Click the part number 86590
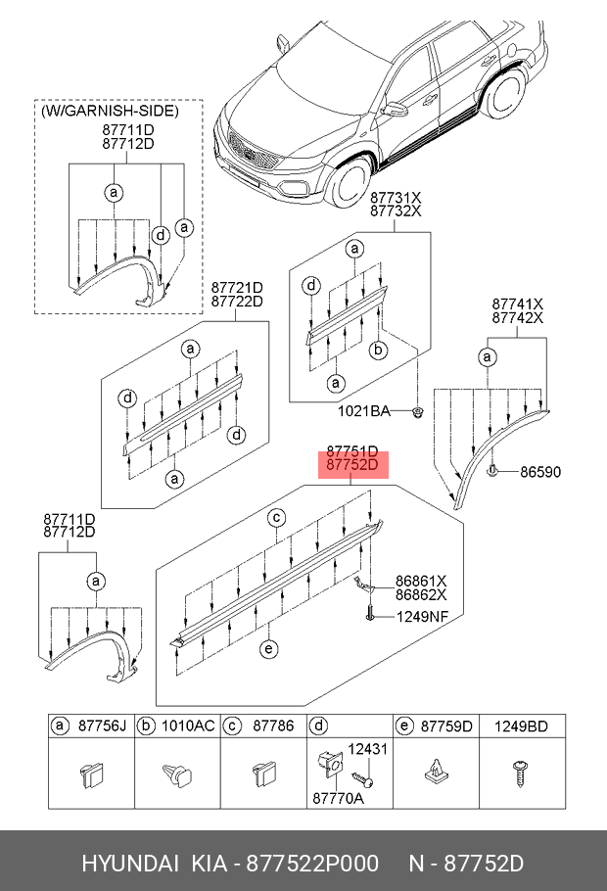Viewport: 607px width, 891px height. click(539, 472)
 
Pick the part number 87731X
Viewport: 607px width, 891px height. click(395, 196)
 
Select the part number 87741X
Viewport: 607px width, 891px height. click(517, 305)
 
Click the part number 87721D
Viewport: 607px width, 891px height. click(237, 287)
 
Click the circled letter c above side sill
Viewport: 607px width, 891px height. click(277, 517)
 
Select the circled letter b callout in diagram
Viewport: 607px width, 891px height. click(377, 349)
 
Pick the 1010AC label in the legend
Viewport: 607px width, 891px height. click(188, 727)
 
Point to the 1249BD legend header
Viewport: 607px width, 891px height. click(520, 727)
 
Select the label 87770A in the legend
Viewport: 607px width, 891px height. click(338, 800)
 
